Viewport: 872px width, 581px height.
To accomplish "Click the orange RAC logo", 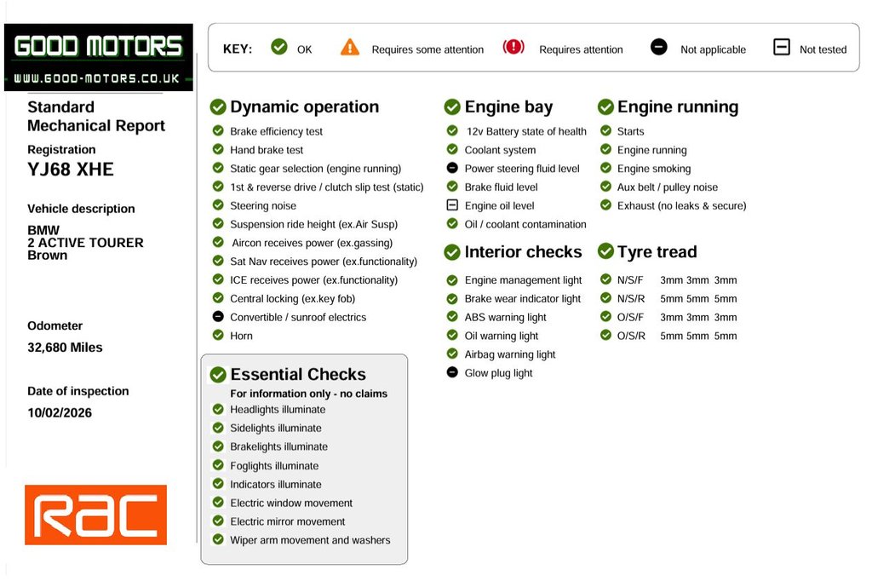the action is tap(95, 515).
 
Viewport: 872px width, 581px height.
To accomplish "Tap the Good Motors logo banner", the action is tap(99, 57).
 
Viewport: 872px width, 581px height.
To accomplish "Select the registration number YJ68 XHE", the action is tap(71, 170).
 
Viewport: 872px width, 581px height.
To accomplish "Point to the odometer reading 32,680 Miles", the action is tap(65, 348).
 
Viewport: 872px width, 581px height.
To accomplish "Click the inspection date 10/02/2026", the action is tap(60, 412).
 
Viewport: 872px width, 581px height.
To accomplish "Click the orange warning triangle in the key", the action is tap(350, 48).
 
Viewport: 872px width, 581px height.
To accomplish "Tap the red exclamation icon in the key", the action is tap(513, 47).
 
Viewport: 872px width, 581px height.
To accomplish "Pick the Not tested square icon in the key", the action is tap(782, 47).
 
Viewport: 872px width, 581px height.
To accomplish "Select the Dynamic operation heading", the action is tap(304, 106).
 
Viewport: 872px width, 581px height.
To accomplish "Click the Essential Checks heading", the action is tap(298, 374).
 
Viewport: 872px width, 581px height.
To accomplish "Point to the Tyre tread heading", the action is tap(657, 251).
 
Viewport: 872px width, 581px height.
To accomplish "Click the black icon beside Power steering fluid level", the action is tap(452, 168).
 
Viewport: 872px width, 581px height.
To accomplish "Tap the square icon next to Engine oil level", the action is tap(452, 205).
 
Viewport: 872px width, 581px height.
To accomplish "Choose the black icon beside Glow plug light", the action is tap(452, 372).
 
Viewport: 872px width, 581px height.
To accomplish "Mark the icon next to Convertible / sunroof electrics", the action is tap(218, 317).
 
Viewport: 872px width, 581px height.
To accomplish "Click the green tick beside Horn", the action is tap(218, 335).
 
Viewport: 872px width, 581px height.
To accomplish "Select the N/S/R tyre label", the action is tap(631, 299).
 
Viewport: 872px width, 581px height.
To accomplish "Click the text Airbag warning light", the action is tap(510, 354).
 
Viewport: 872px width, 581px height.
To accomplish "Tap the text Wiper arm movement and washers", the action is tap(310, 540).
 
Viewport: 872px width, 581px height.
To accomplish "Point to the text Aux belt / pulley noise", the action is tap(668, 187).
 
